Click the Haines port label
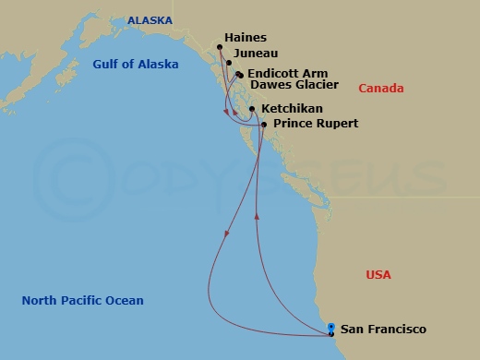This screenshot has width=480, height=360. click(x=245, y=38)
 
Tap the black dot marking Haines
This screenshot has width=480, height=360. click(x=219, y=48)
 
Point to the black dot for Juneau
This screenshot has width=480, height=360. click(x=229, y=64)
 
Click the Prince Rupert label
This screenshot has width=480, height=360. click(x=316, y=124)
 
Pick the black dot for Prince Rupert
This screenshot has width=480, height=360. click(x=264, y=125)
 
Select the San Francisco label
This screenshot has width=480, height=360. click(x=383, y=329)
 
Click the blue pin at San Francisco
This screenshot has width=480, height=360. click(x=331, y=328)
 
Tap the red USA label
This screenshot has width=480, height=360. click(x=378, y=275)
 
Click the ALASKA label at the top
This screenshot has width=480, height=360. click(x=150, y=19)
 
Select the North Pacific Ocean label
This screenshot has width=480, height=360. click(x=83, y=300)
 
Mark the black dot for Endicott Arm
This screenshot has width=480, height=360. click(x=239, y=75)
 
